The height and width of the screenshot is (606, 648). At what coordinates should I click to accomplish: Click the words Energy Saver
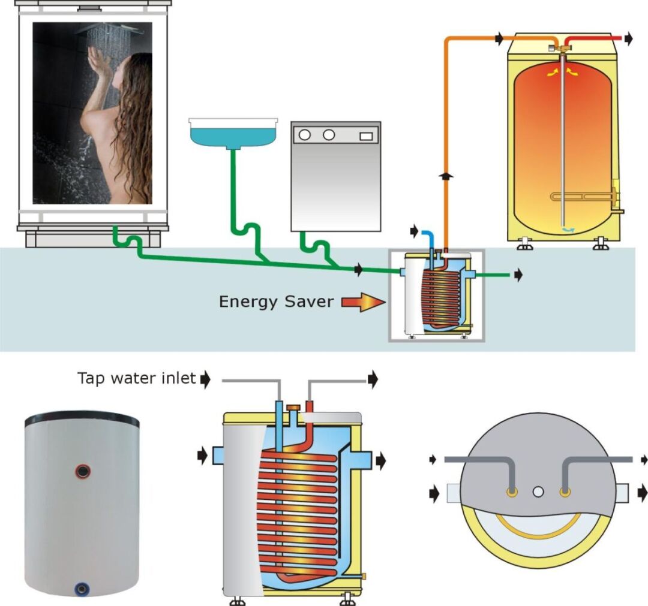coord(275,301)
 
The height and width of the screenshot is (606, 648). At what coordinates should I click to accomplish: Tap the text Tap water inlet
coord(136,378)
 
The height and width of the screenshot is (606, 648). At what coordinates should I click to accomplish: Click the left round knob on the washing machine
coord(305,135)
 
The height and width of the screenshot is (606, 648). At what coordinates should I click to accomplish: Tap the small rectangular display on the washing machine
coord(365,136)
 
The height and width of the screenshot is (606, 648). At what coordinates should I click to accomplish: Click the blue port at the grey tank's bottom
coord(80,589)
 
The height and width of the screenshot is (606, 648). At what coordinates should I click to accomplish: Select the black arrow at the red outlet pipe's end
coord(628,39)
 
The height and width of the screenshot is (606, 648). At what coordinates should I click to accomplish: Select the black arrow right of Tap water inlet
coord(206,379)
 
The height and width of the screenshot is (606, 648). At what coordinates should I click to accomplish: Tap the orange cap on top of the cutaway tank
coord(293,408)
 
